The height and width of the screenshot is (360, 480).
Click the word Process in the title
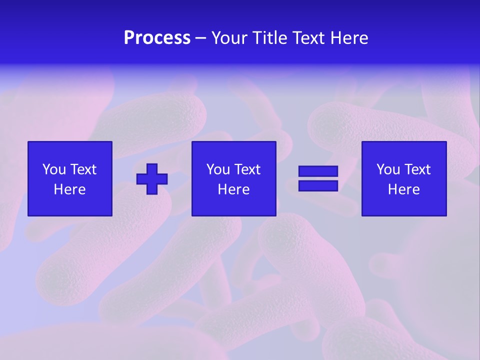tap(157, 38)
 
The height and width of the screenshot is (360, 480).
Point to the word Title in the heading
tap(270, 38)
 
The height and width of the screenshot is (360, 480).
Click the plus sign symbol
tap(152, 178)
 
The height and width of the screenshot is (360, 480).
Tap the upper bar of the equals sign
tap(318, 171)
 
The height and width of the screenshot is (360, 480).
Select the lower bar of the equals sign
tap(318, 185)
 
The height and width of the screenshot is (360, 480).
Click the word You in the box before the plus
tap(54, 169)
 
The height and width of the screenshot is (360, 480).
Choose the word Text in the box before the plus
tap(83, 169)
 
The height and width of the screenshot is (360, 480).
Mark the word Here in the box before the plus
tap(70, 189)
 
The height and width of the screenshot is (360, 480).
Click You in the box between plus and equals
tap(218, 169)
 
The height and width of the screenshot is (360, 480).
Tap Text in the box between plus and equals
tap(247, 169)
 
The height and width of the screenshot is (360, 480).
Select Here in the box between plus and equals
tap(234, 189)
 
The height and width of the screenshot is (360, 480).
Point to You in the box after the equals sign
tap(388, 169)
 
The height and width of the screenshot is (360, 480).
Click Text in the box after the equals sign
tap(417, 169)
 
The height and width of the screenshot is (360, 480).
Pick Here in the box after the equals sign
tap(404, 189)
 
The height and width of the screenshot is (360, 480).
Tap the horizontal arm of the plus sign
tap(141, 178)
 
